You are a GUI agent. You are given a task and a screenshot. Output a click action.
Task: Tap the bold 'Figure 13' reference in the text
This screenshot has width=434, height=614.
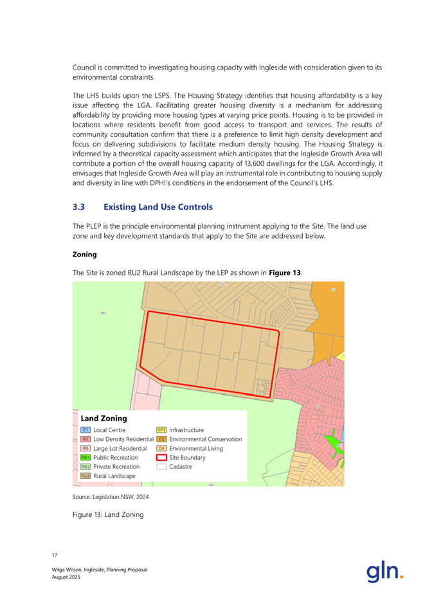[284, 273]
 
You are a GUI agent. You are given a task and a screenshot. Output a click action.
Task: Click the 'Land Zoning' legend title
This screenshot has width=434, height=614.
[105, 418]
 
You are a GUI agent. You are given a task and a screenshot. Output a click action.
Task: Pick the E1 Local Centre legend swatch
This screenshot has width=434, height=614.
[86, 429]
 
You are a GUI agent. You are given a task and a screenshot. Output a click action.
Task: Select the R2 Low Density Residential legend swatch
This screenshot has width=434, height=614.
[86, 439]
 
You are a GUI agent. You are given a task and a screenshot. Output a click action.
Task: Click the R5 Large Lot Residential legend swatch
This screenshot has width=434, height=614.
[86, 448]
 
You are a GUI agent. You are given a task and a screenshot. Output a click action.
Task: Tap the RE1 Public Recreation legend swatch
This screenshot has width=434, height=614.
[86, 457]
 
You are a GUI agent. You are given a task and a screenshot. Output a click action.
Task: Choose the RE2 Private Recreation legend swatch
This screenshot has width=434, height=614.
[86, 467]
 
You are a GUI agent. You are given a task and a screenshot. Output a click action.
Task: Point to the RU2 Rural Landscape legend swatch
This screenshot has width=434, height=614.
[86, 476]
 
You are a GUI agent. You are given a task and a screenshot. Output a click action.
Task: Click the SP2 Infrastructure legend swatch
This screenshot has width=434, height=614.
[161, 429]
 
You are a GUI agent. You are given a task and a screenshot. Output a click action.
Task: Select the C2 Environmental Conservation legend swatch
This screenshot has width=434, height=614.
[161, 439]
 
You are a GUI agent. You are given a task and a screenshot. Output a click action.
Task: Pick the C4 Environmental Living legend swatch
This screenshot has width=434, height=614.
[161, 448]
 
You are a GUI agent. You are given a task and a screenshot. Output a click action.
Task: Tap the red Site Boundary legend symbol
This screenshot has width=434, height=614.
[161, 457]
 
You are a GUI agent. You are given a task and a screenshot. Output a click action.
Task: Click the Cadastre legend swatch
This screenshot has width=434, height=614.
[161, 467]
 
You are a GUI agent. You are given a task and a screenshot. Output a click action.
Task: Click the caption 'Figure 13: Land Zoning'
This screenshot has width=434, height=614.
[107, 514]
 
